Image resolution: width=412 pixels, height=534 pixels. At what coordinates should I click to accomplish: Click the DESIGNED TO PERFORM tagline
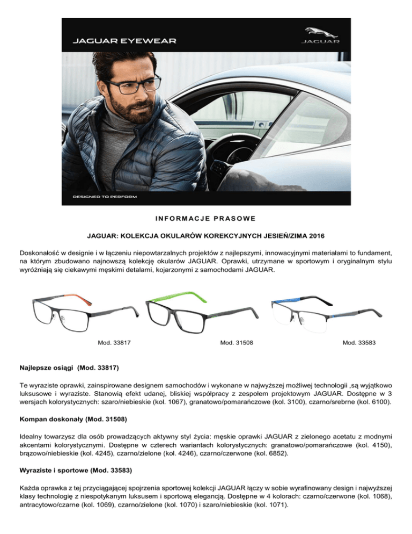pyautogui.click(x=105, y=197)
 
